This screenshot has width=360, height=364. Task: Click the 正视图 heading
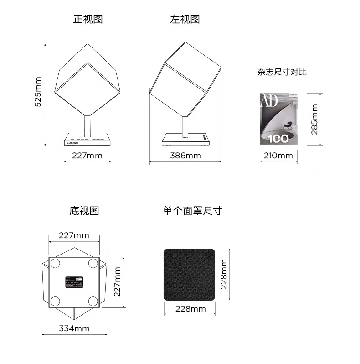(x=88, y=19)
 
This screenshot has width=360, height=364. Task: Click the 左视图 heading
(x=185, y=19)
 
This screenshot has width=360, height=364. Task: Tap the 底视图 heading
(x=84, y=211)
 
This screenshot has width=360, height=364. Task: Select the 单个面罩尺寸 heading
(x=193, y=211)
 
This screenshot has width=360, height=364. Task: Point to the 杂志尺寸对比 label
(x=282, y=72)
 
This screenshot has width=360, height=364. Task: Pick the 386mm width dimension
(x=185, y=156)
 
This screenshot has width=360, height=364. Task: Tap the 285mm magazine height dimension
(x=314, y=119)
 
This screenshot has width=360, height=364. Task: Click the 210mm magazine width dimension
(x=278, y=156)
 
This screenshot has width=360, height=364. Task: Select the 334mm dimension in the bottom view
(x=74, y=328)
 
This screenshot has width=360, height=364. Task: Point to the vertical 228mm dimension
(x=223, y=275)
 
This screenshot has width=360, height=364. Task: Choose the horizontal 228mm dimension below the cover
(x=190, y=309)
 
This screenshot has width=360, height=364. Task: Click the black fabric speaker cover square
(x=189, y=274)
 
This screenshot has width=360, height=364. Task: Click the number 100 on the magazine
(x=277, y=139)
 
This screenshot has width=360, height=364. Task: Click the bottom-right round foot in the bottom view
(x=93, y=300)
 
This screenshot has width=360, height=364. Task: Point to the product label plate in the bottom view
(x=75, y=282)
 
